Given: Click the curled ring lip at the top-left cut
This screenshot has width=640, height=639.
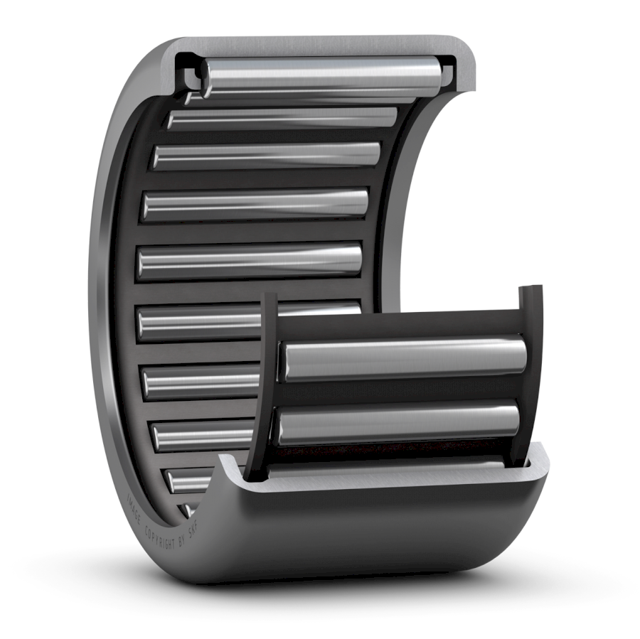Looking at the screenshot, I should [185, 71].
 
